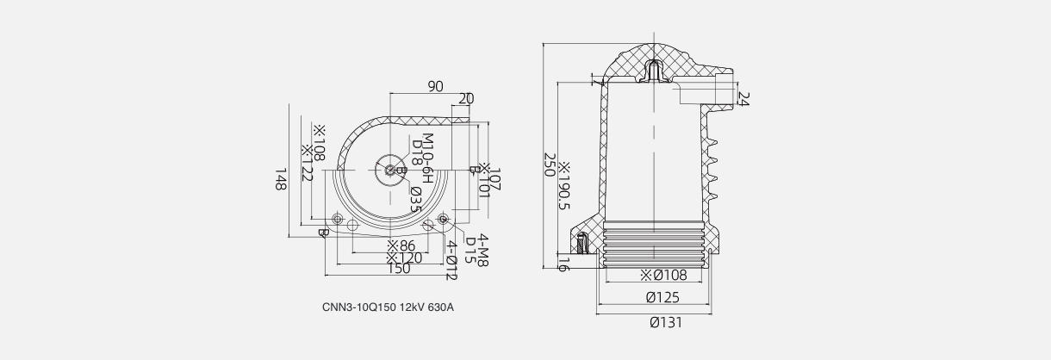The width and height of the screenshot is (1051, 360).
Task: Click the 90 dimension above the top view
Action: pyautogui.click(x=435, y=86)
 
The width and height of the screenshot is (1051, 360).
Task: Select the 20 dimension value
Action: pyautogui.click(x=466, y=99)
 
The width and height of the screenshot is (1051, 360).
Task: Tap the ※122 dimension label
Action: pyautogui.click(x=305, y=161)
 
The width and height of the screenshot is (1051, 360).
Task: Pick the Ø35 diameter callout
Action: pyautogui.click(x=414, y=199)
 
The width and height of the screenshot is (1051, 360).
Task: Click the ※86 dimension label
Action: pyautogui.click(x=401, y=246)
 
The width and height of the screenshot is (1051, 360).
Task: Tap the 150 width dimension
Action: pyautogui.click(x=398, y=269)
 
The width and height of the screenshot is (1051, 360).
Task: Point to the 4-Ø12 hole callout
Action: pyautogui.click(x=451, y=260)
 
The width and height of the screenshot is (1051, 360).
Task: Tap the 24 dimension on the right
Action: pyautogui.click(x=743, y=99)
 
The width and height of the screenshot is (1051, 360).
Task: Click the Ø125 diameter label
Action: pyautogui.click(x=662, y=298)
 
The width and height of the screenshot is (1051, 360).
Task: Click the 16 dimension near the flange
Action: pyautogui.click(x=564, y=264)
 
